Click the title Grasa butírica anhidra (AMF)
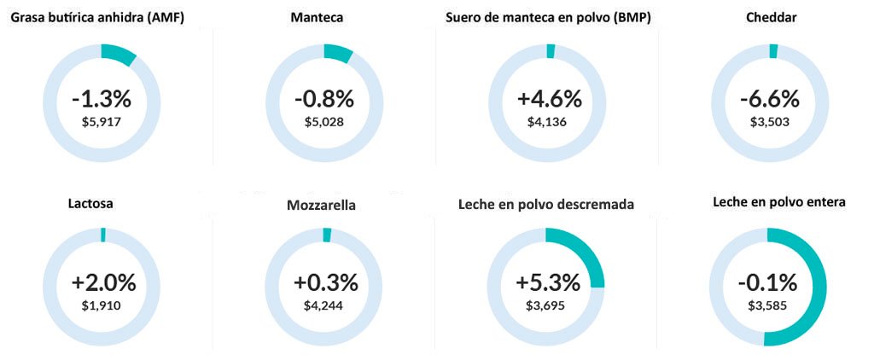point(97,18)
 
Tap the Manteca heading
point(317,18)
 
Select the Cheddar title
point(772,18)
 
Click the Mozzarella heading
point(321,205)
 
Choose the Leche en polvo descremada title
point(546,205)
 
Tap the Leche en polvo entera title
point(779,202)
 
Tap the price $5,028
point(323,121)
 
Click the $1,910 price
point(101,305)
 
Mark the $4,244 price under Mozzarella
point(323,305)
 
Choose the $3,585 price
point(767,305)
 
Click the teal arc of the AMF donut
point(118,54)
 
